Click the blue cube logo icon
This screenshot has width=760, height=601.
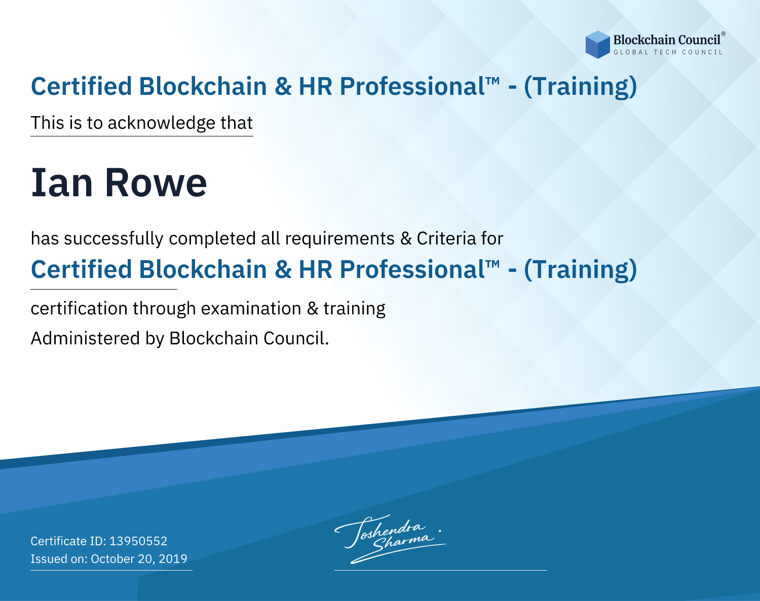(597, 45)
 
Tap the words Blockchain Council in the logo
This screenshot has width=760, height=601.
(667, 40)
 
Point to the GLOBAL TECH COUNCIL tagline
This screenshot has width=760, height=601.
(668, 52)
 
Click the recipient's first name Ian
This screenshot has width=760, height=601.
(62, 183)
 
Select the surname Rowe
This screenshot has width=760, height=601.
(156, 183)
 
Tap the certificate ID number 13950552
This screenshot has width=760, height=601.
(138, 541)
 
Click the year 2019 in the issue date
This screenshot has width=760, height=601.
(173, 558)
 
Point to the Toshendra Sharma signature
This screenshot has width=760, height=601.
(390, 539)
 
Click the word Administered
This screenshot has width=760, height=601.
(86, 338)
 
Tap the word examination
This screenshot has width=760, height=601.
(251, 308)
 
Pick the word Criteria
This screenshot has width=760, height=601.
(446, 238)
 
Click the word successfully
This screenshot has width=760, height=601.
(113, 239)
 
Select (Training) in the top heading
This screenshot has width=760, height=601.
(580, 86)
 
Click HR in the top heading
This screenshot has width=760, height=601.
(315, 86)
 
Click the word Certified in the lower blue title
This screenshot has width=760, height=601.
(81, 269)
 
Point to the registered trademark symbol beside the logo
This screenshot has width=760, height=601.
(723, 34)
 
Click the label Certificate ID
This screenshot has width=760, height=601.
(68, 541)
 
